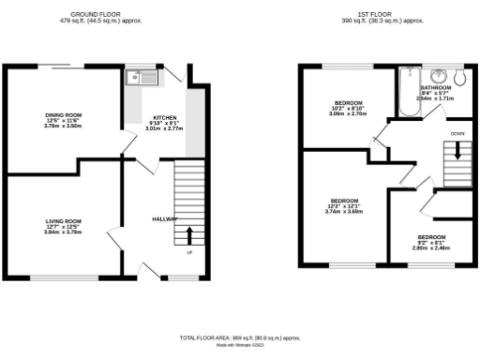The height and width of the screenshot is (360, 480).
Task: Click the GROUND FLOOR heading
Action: click(x=100, y=15)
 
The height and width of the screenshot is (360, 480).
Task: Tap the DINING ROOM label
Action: click(x=64, y=114)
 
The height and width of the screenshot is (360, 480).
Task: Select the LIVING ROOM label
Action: click(x=65, y=220)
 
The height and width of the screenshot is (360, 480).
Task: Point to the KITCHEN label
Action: click(x=165, y=117)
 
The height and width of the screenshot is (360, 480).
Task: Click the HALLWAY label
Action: click(x=165, y=219)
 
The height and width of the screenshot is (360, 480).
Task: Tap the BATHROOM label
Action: click(x=436, y=87)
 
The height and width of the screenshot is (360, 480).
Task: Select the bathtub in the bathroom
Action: click(x=409, y=94)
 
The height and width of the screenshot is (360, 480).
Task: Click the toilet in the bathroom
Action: click(x=458, y=75)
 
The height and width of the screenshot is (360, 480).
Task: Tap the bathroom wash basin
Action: click(x=434, y=75)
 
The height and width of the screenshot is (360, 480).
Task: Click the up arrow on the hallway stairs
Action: click(x=189, y=235)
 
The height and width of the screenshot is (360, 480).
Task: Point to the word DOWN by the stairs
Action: click(x=456, y=134)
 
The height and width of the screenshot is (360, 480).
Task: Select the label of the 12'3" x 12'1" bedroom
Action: click(x=344, y=201)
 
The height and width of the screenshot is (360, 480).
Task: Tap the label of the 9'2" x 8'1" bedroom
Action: click(x=431, y=236)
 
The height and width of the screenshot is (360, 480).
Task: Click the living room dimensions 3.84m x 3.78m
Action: click(x=65, y=232)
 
